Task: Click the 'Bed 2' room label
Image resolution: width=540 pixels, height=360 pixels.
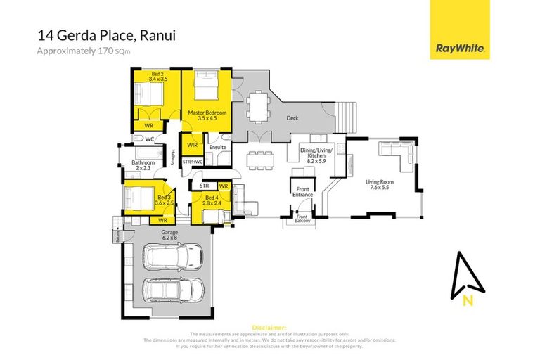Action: coord(156,76)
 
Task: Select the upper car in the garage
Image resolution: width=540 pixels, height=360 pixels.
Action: coord(173,257)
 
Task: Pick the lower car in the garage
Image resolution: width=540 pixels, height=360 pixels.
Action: coord(173,288)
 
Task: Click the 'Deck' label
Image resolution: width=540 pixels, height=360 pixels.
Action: coord(292,118)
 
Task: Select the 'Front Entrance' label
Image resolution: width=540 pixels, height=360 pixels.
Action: coord(302,191)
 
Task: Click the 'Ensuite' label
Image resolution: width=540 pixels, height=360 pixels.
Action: coord(218,147)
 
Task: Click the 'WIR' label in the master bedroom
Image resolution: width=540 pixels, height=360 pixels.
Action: coord(192,145)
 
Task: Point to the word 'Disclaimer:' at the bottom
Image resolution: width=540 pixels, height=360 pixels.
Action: coord(269,328)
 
